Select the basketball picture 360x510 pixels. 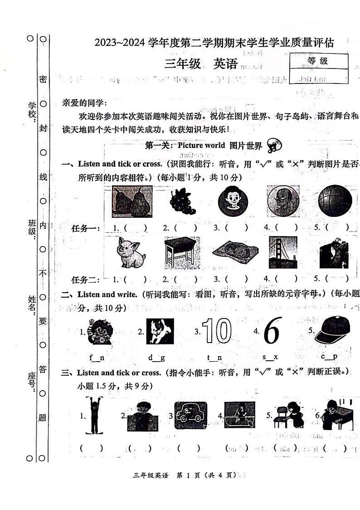335,201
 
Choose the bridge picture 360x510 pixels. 283,252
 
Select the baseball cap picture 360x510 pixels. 332,330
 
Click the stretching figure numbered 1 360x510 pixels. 95,415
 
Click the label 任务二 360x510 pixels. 86,280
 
